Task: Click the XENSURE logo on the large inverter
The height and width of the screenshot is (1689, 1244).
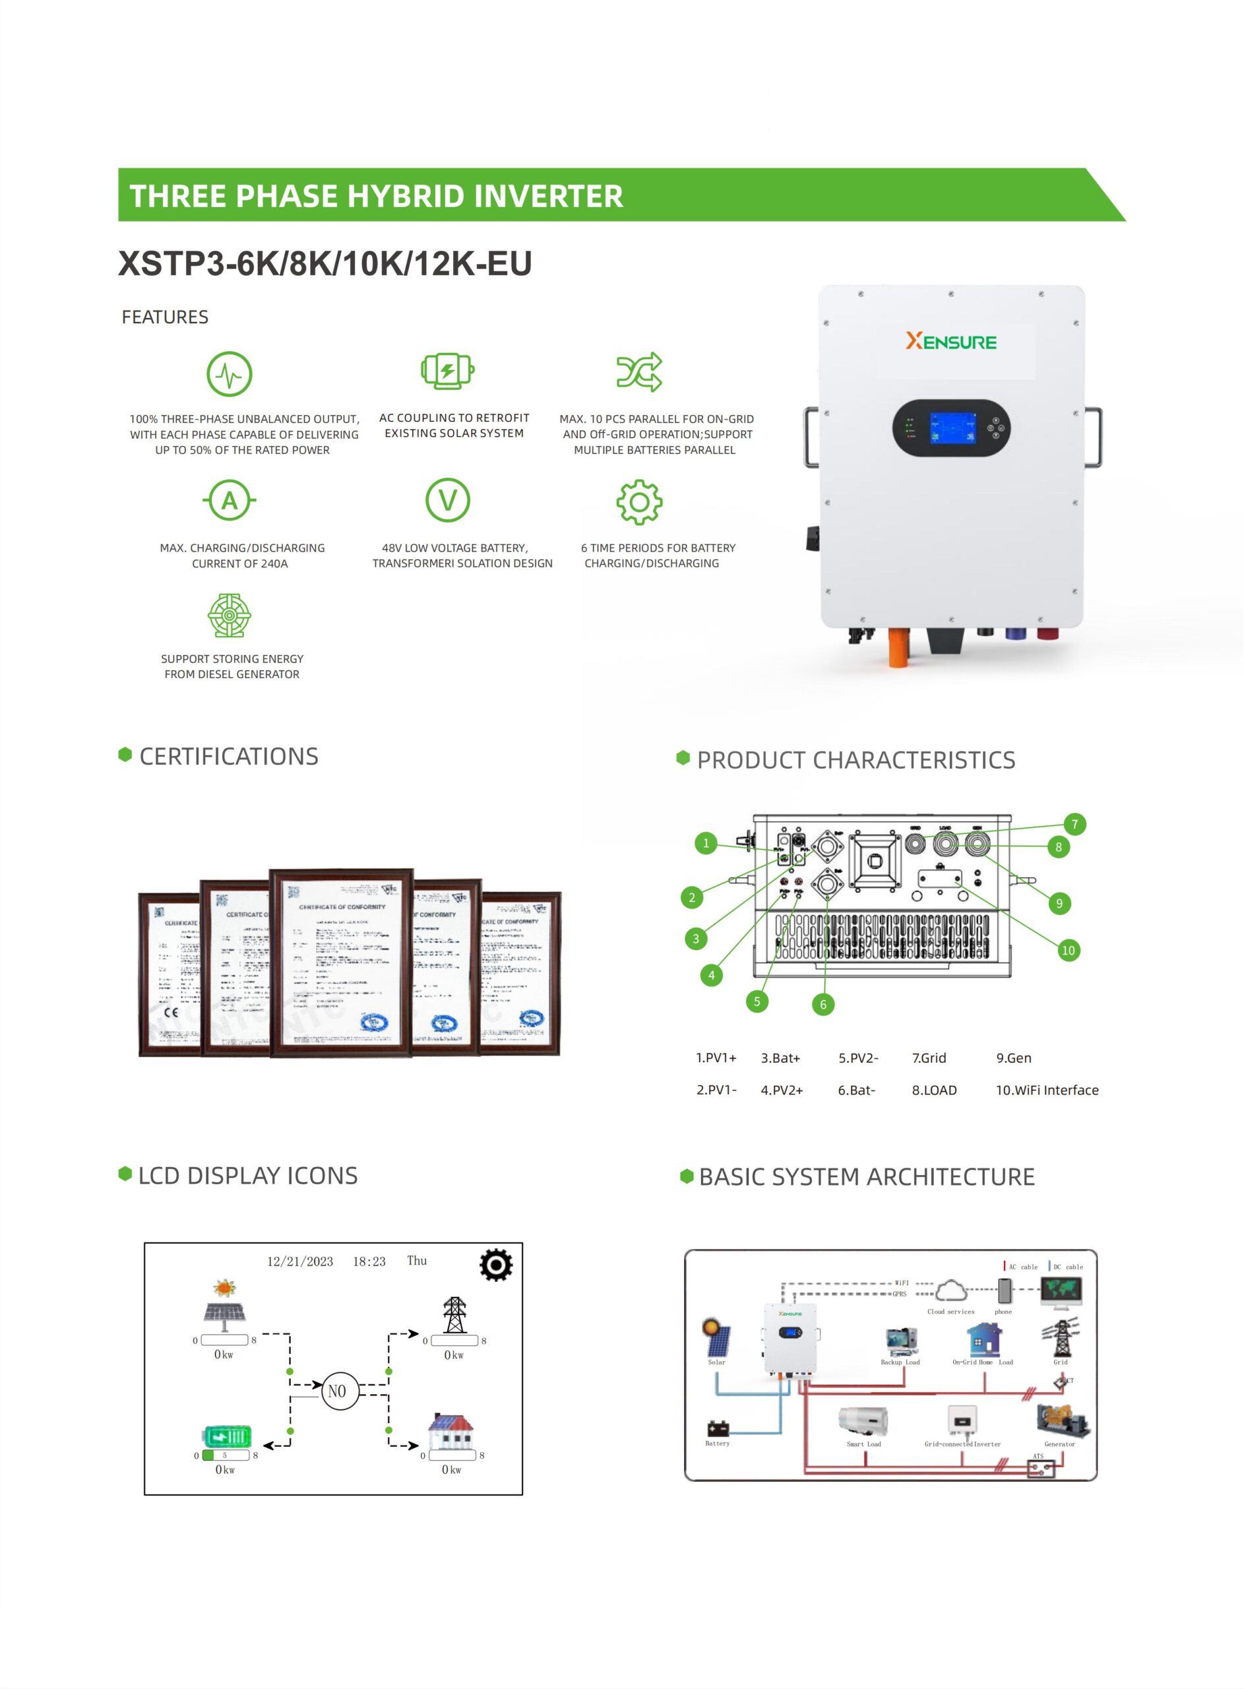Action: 950,342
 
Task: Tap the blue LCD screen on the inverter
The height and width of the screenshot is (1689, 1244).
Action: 952,428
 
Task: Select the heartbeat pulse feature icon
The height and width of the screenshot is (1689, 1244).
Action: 230,373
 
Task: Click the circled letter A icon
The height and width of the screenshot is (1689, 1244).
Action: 230,500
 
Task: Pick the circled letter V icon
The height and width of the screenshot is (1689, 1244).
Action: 448,500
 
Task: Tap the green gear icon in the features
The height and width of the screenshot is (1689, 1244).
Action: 639,501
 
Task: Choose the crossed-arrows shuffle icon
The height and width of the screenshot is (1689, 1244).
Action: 639,372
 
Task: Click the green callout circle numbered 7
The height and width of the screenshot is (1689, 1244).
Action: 1074,824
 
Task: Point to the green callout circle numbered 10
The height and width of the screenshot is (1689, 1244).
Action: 1068,950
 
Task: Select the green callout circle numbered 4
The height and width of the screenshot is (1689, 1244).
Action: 712,976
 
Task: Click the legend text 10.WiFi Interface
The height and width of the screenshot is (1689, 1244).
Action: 1047,1090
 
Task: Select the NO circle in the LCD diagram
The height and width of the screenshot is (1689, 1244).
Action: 337,1391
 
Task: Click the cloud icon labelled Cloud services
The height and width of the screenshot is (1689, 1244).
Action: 951,1290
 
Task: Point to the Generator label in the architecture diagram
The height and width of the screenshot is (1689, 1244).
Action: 1059,1444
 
